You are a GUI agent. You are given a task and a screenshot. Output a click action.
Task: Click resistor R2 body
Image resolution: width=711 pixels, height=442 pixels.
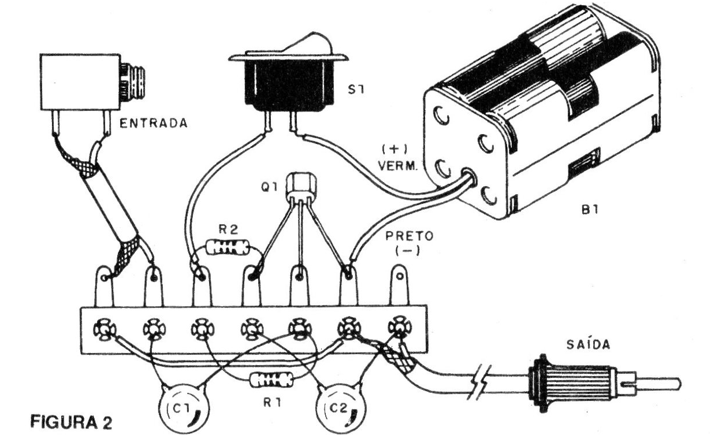tap(228, 248)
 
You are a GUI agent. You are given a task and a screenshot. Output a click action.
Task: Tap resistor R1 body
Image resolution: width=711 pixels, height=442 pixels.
tap(271, 380)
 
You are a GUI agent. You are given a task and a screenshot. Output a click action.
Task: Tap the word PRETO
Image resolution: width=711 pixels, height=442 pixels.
tap(403, 237)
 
